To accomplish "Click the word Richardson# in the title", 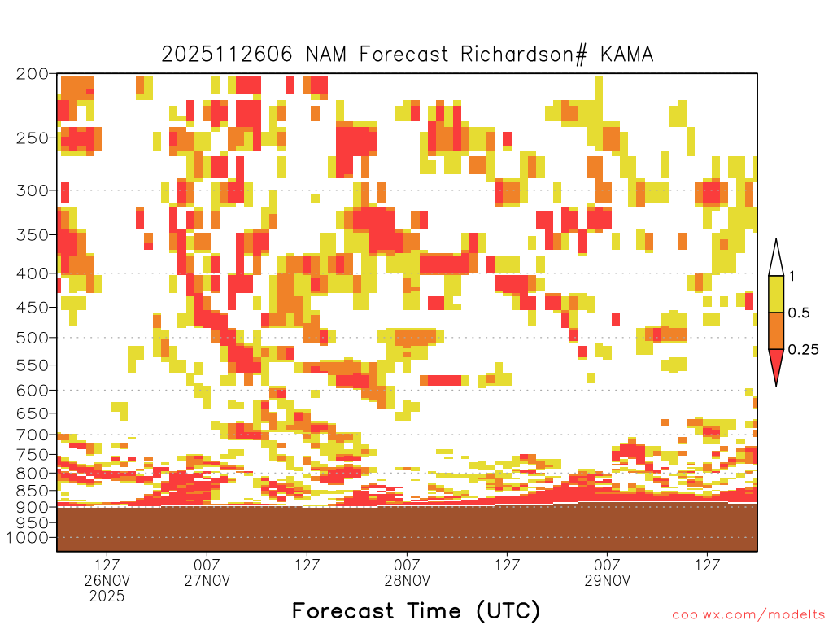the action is click(523, 55).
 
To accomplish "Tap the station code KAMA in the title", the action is click(627, 55).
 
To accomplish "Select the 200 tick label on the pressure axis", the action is click(32, 74).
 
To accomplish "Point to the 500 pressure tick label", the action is click(32, 338).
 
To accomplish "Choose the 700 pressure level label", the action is click(32, 435).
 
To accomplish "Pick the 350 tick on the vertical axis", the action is click(32, 234).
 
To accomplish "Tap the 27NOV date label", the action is click(207, 580).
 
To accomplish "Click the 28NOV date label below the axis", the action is click(408, 580).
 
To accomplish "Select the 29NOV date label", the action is click(608, 580).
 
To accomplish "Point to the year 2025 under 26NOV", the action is click(107, 597).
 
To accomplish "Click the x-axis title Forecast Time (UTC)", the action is click(416, 611).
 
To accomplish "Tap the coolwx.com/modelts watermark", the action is click(752, 615).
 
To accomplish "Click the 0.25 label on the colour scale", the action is click(803, 349).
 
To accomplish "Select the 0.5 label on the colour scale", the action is click(799, 312).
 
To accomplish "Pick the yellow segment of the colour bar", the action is click(776, 294).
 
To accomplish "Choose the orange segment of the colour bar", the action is click(776, 330).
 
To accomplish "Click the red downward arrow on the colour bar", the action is click(776, 364).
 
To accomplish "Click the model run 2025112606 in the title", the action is click(227, 55).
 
